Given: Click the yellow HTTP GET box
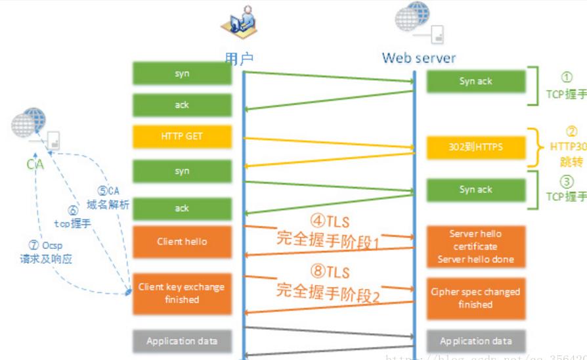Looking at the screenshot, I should [182, 137].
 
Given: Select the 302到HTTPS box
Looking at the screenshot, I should [475, 147].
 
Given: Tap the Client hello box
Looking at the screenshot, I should [182, 242].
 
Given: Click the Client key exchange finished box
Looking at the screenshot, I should [182, 293].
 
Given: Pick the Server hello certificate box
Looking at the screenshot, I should [475, 246].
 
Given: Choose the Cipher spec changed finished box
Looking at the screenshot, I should [475, 298].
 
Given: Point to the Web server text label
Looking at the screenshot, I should [419, 58].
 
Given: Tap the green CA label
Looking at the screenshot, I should [35, 164].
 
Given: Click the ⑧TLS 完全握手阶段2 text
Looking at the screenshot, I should [328, 281].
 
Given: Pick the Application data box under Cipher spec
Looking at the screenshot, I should [475, 342].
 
